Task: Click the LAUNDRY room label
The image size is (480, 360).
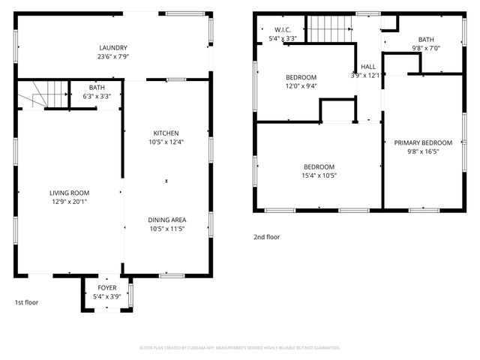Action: click(x=112, y=47)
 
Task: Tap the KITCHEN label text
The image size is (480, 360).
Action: click(x=166, y=133)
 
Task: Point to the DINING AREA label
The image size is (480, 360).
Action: click(x=166, y=220)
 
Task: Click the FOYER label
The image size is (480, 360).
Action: click(x=107, y=287)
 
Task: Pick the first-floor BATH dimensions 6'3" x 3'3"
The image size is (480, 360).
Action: click(x=97, y=96)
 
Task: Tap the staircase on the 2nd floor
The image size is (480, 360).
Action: click(x=329, y=31)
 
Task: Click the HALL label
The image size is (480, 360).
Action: click(x=367, y=66)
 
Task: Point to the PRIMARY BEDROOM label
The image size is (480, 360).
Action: click(x=423, y=142)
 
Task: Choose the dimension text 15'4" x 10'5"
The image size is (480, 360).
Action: click(x=319, y=175)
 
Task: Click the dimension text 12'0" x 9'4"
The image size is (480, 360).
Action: click(x=301, y=85)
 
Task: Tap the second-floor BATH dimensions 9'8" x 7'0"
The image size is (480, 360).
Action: click(x=426, y=48)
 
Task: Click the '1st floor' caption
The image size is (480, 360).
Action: click(x=26, y=302)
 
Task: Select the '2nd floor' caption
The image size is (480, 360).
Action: click(x=266, y=236)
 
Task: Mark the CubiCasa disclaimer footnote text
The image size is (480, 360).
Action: click(x=240, y=348)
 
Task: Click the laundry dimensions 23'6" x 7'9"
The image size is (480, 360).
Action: click(x=112, y=56)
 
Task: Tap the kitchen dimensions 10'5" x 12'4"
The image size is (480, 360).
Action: click(x=166, y=142)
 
